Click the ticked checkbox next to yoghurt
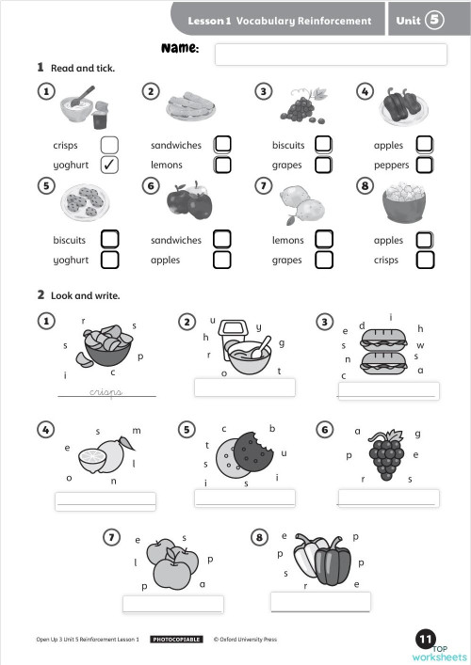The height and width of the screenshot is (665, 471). click(x=109, y=165)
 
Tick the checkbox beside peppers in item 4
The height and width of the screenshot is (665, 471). click(x=425, y=165)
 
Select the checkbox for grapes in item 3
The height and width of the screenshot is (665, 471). click(x=323, y=165)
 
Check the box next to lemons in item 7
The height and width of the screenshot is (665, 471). click(x=323, y=239)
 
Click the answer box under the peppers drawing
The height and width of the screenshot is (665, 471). click(x=320, y=601)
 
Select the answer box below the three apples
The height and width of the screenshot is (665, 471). click(x=173, y=604)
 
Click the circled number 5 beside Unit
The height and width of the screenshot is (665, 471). click(x=435, y=20)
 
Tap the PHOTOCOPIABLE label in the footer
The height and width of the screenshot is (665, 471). click(x=176, y=640)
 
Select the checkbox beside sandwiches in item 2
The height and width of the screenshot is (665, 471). click(x=222, y=145)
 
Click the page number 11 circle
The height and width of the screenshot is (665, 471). click(x=426, y=640)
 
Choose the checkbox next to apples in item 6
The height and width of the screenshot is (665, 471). click(x=222, y=260)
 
